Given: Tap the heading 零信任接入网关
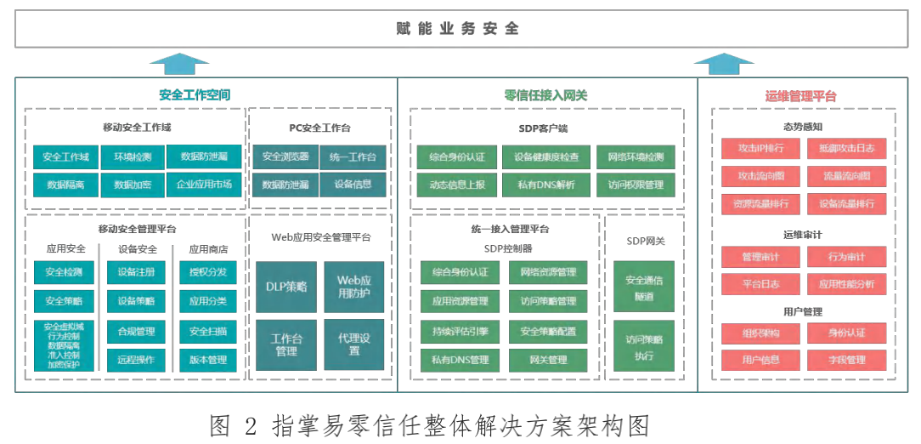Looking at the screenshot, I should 545,95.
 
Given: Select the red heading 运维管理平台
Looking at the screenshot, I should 800,96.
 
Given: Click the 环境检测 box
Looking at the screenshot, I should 132,157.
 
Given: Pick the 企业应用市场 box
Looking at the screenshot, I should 204,184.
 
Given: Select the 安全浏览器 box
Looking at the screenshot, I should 285,157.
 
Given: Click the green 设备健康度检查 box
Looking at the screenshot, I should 546,157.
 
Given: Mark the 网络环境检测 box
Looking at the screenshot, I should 636,157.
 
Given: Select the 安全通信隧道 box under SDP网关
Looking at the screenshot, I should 644,286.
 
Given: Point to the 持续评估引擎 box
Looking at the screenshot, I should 460,330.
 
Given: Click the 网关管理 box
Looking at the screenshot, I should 548,360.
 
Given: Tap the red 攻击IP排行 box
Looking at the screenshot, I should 760,148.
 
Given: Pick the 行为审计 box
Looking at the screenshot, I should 846,256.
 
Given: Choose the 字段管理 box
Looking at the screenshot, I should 846,360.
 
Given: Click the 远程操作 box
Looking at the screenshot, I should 136,360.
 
